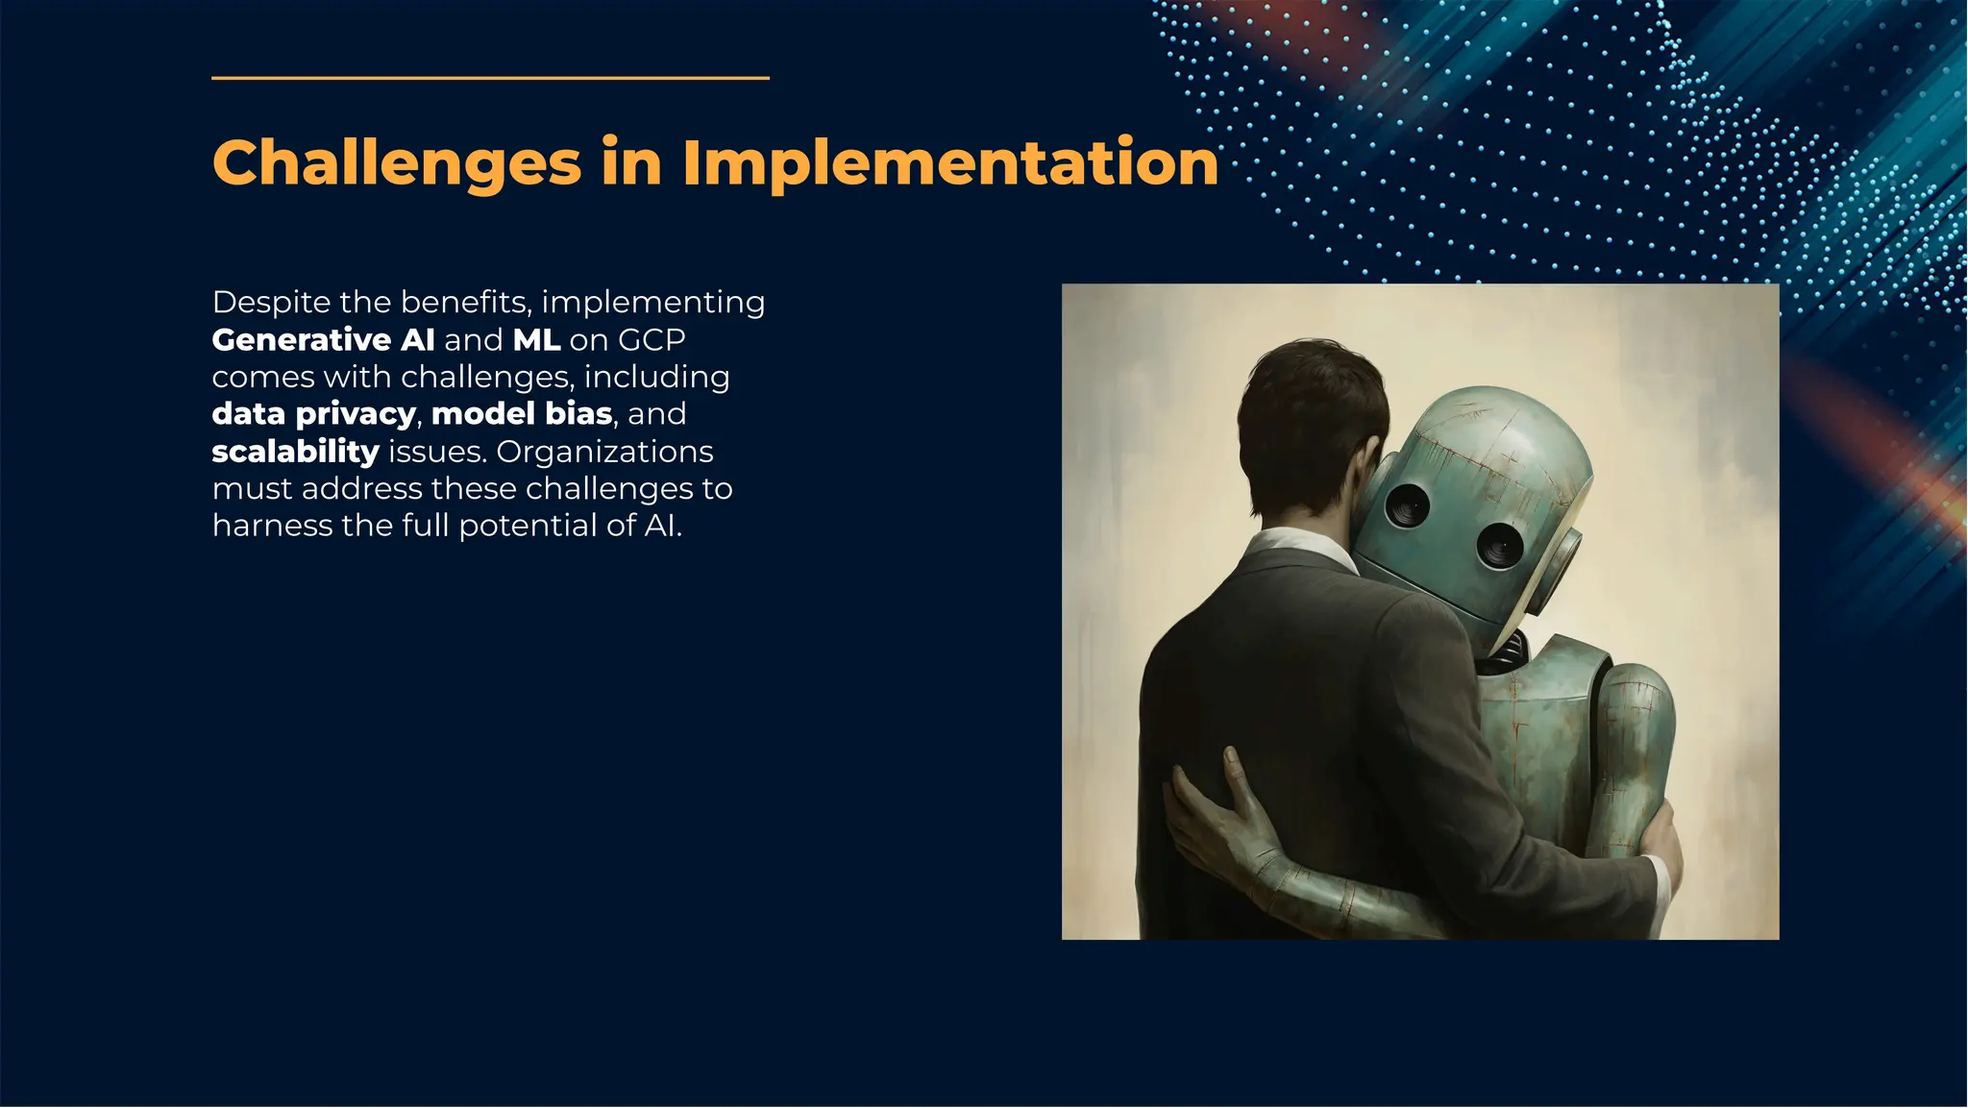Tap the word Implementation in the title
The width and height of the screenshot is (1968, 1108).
(950, 162)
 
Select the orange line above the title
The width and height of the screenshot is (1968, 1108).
(490, 78)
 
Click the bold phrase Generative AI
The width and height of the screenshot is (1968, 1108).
(323, 340)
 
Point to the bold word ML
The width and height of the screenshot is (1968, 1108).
(536, 340)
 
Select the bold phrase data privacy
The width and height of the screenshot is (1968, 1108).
(313, 414)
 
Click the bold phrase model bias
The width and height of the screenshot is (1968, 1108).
(522, 414)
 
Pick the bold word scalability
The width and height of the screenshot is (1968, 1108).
(296, 452)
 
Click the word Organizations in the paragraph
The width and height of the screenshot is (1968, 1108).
(604, 452)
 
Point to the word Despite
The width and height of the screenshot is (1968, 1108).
(271, 303)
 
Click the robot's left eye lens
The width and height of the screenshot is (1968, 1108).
(1408, 505)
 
